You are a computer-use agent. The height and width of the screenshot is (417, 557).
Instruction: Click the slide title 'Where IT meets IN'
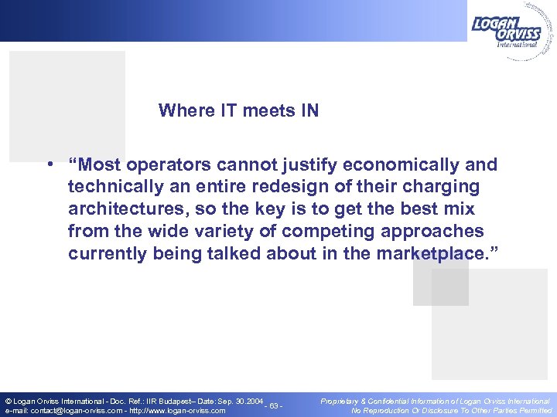coord(238,110)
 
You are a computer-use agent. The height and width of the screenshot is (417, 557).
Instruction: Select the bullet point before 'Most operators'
coord(49,165)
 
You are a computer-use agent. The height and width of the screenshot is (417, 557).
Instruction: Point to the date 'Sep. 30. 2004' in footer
coord(232,401)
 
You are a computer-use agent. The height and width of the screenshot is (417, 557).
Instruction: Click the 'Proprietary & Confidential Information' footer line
coord(435,401)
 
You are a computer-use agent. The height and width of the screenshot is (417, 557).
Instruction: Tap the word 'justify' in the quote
coord(319,165)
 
